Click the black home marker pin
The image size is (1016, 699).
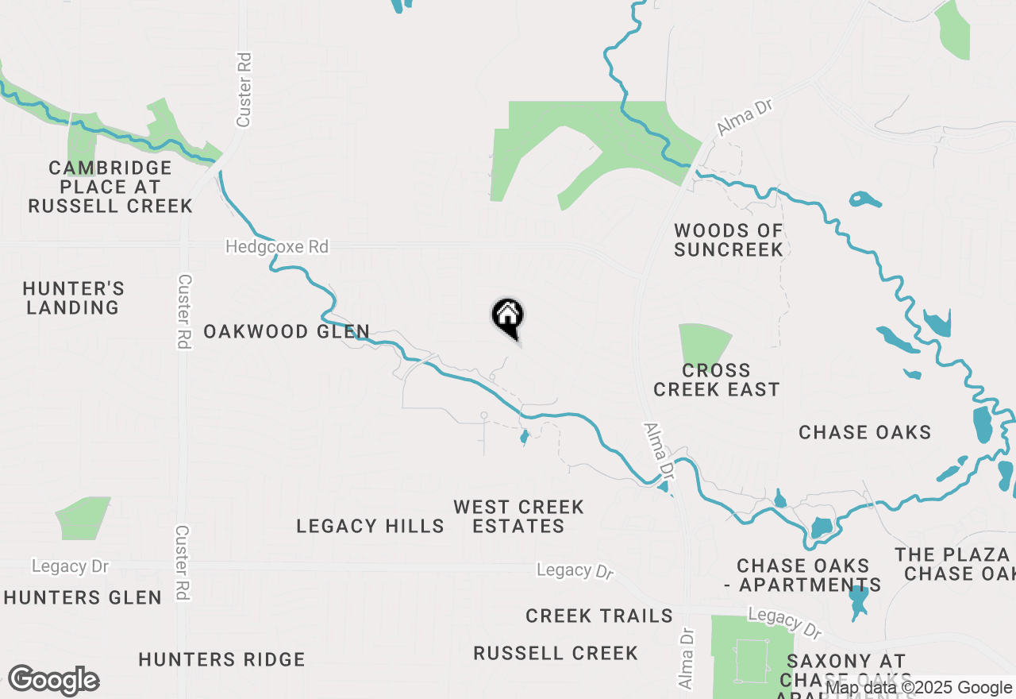tap(508, 317)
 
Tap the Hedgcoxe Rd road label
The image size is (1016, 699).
tap(276, 247)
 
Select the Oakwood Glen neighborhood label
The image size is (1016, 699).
tap(287, 331)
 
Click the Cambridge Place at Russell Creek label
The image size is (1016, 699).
tap(110, 187)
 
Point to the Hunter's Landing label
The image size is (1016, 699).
tap(73, 298)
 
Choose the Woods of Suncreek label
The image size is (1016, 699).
tap(729, 240)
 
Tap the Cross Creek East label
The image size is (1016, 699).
tap(717, 380)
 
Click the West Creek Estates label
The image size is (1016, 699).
tap(519, 516)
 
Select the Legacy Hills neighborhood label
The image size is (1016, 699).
tap(370, 526)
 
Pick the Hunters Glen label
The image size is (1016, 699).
tap(83, 597)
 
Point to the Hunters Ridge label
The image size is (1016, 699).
tap(221, 659)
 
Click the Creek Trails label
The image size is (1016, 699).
tap(599, 616)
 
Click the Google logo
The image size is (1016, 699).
tap(53, 680)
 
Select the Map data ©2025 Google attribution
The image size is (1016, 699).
tap(919, 688)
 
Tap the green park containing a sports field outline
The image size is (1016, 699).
tap(751, 647)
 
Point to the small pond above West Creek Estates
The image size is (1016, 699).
tap(524, 437)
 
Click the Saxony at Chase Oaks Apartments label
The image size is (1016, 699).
tap(846, 671)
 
